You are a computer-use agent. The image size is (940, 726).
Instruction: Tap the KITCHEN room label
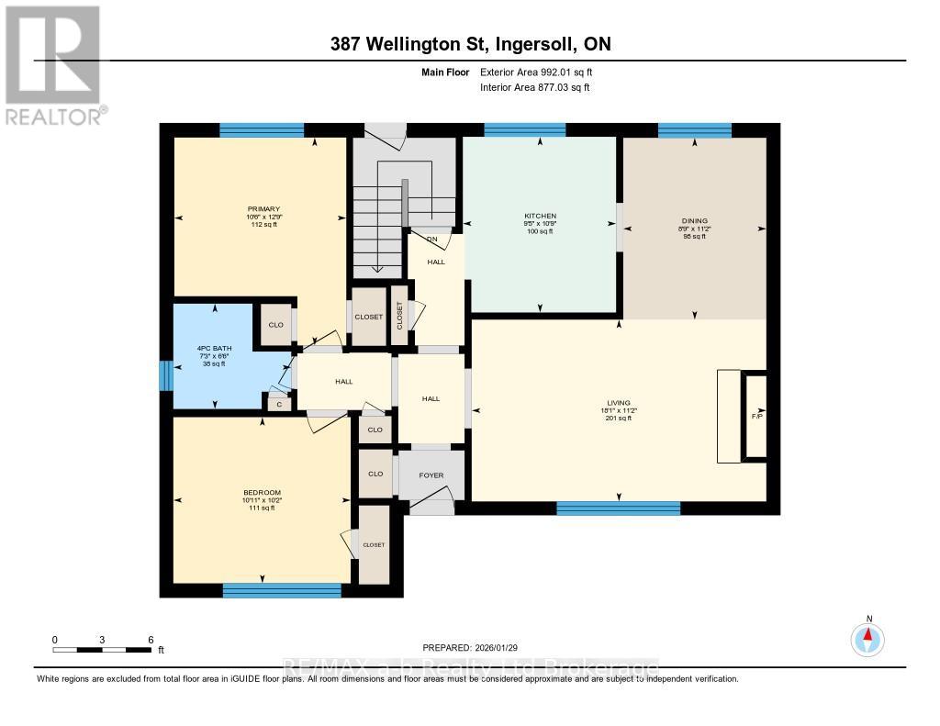pos(540,216)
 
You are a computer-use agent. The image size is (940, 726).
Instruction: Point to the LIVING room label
pos(619,401)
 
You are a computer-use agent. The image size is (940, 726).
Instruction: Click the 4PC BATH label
pos(213,349)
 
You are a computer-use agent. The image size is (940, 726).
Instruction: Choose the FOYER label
pos(431,475)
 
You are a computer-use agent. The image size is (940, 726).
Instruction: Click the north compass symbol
pos(867,637)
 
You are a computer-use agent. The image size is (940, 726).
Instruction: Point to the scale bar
pos(103,649)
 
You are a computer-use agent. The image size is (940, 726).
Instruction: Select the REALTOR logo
pos(53,64)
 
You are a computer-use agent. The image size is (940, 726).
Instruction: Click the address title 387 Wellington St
pos(470,44)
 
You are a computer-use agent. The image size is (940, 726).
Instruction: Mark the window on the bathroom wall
pos(165,374)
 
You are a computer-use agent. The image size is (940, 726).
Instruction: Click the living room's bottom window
pos(618,508)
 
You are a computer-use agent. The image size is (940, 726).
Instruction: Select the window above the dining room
pos(695,130)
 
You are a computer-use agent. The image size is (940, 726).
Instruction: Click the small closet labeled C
pos(278,402)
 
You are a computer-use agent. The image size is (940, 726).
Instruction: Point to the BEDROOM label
pos(262,492)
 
